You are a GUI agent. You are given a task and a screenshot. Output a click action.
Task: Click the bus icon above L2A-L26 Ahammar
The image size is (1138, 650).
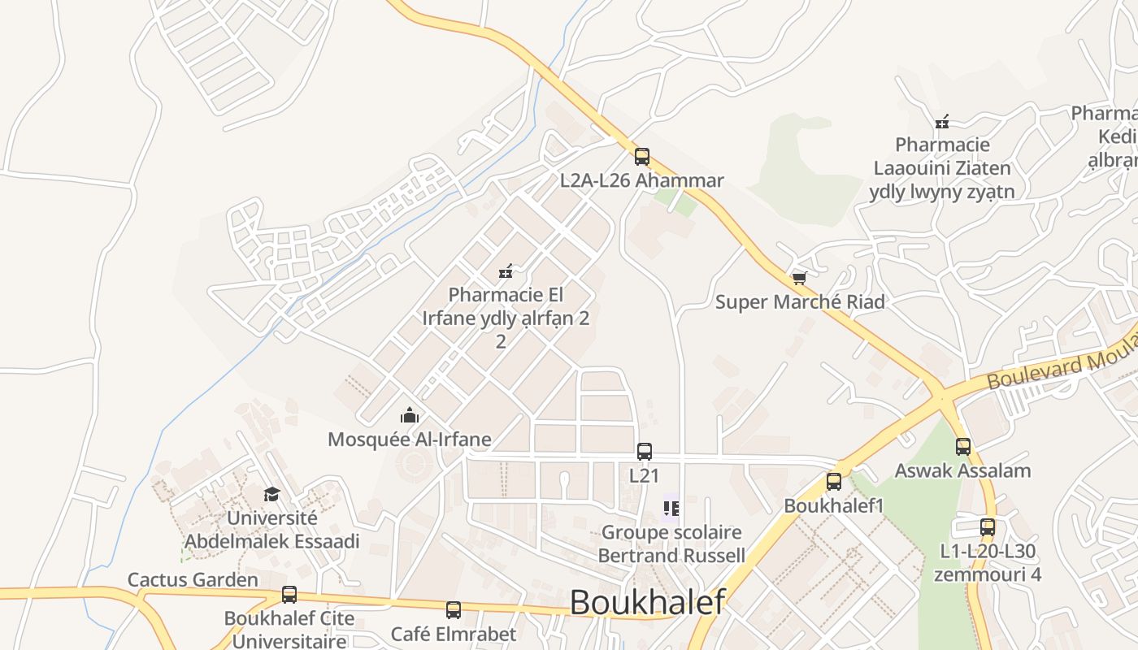(642, 157)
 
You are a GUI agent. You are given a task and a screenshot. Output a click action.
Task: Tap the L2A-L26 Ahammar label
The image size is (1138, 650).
(641, 180)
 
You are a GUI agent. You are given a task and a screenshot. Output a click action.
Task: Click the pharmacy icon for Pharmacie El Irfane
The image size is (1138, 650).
(506, 271)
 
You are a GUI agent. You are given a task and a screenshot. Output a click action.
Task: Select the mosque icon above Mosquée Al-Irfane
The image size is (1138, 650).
(410, 416)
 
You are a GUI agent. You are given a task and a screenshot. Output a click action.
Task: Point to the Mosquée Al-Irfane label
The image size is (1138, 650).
(410, 440)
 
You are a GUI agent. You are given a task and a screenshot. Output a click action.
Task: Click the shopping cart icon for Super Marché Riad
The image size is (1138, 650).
(799, 279)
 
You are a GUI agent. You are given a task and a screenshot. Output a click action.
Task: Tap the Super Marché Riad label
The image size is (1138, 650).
(800, 302)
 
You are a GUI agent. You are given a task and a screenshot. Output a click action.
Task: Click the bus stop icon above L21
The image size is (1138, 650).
(645, 452)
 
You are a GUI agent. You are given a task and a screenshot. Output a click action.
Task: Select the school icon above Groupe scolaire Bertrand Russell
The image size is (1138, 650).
(671, 509)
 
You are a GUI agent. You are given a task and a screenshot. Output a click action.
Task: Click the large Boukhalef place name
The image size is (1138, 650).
(647, 603)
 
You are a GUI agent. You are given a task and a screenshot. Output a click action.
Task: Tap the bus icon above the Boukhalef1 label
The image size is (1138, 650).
(834, 482)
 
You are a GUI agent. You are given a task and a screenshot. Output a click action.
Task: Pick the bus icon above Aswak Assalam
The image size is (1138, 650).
(963, 447)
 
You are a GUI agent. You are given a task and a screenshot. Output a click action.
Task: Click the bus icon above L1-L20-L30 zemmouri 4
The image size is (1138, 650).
(988, 527)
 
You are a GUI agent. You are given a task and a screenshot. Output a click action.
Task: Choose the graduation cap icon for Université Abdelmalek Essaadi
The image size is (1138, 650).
(271, 494)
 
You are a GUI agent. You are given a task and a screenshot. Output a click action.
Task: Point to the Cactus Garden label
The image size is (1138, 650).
(193, 580)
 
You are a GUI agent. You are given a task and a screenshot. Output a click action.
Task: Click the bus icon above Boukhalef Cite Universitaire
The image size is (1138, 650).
(289, 595)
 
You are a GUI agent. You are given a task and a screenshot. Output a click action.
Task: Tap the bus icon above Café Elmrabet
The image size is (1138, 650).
(454, 610)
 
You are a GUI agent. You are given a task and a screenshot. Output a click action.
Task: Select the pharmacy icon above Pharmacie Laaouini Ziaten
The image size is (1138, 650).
(942, 122)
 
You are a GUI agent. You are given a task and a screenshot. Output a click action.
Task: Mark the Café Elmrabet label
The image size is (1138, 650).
(454, 634)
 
